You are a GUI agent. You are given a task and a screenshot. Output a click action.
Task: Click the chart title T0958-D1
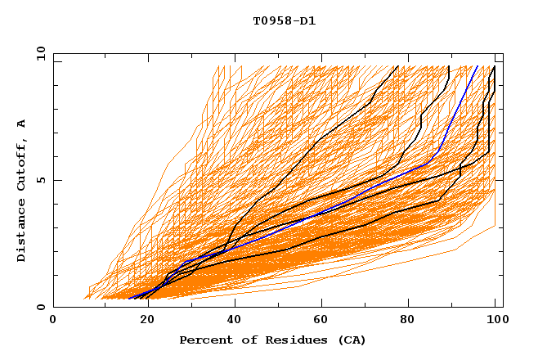[x=285, y=20]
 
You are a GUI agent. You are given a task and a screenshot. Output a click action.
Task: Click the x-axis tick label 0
[x=53, y=321]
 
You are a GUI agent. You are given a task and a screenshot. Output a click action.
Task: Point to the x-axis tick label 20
[x=142, y=321]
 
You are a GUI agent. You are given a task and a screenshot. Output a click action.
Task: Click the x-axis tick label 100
[x=495, y=321]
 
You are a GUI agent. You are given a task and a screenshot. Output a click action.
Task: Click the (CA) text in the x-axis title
[x=352, y=340]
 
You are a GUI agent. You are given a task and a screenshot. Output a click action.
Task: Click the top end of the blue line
[x=478, y=66]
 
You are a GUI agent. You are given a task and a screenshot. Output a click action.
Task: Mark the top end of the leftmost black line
[x=397, y=66]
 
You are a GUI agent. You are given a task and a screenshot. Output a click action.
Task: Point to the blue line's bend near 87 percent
[x=440, y=151]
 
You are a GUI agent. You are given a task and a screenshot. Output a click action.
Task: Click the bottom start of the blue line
[x=129, y=299]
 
